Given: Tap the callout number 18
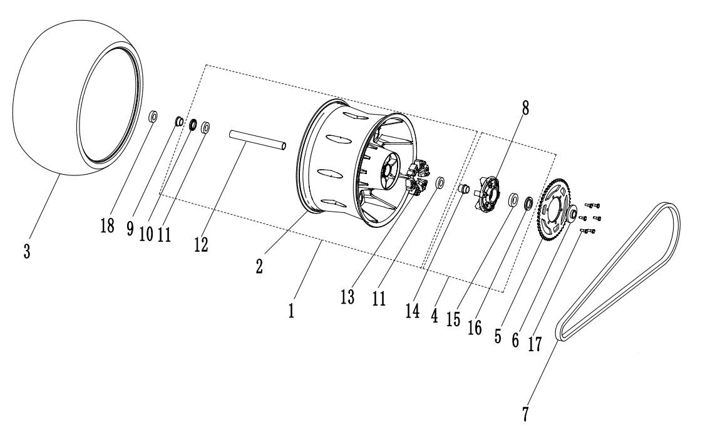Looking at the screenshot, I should [108, 225].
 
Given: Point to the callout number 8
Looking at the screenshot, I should [525, 108].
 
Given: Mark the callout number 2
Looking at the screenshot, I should [259, 263].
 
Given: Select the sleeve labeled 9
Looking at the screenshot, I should [178, 121].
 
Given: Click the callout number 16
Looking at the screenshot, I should [475, 327].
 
